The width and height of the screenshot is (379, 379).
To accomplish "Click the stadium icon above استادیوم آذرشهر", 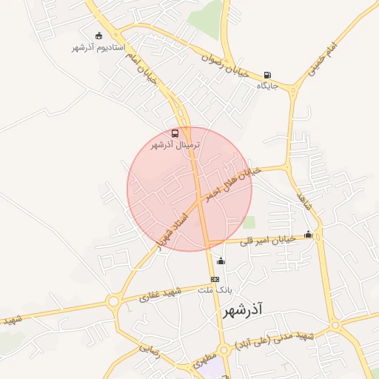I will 99,35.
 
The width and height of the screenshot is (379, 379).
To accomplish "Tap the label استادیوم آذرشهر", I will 91,47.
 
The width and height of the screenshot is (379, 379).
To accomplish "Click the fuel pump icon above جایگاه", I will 266,75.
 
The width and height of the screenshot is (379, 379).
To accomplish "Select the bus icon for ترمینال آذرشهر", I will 175,133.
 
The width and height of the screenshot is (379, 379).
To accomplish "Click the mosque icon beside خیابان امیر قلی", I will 308,235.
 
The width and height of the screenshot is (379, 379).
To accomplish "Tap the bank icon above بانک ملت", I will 215,279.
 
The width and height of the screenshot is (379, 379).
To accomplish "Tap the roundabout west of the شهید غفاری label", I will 113,301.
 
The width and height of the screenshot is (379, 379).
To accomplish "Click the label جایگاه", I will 266,86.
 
